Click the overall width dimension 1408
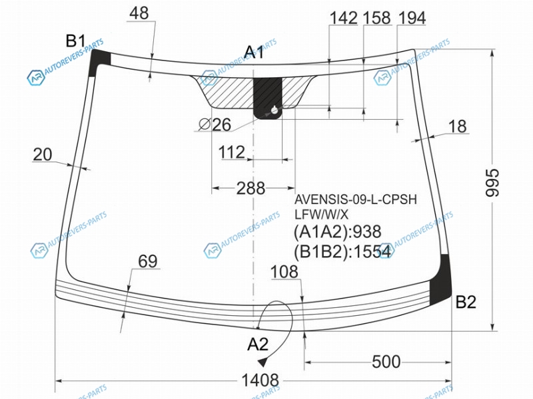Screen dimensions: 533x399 [260, 380]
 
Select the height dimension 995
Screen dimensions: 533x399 [492, 182]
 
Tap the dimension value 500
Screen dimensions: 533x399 [386, 362]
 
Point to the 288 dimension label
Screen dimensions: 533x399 [251, 188]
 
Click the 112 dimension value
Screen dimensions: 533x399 [231, 152]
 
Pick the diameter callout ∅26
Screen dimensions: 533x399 [215, 124]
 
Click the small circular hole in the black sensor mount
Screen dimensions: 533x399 [274, 110]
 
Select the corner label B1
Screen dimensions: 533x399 [75, 41]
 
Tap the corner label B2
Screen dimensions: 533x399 [466, 302]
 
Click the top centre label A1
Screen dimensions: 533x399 [254, 52]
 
